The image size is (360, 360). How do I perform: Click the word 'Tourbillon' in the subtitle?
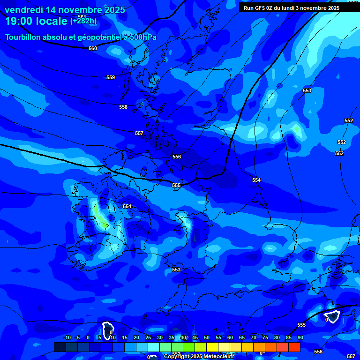click(25, 37)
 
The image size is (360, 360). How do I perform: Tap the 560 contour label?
click(93, 48)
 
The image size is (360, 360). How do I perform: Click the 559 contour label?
click(111, 77)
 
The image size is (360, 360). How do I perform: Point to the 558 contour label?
click(123, 107)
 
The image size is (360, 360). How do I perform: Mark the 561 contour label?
click(82, 17)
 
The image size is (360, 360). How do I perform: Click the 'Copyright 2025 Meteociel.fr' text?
click(199, 357)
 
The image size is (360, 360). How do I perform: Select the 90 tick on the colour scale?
click(300, 337)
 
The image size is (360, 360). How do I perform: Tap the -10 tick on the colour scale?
click(67, 337)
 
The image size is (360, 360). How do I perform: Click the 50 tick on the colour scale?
click(206, 337)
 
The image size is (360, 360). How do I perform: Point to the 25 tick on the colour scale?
click(148, 337)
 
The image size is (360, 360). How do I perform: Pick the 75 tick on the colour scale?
click(265, 337)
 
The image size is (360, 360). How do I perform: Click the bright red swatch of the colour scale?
click(294, 347)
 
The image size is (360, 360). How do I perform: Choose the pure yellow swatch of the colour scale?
click(212, 347)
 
